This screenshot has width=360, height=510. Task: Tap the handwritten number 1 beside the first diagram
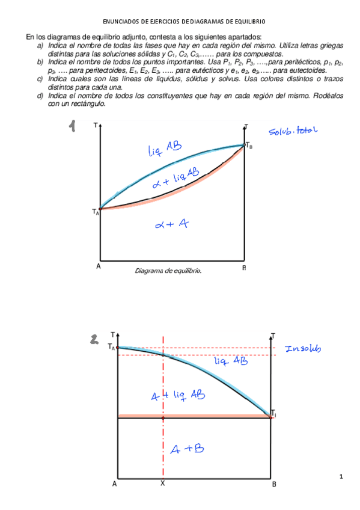[73, 126]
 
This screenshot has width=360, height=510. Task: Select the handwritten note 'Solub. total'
[292, 131]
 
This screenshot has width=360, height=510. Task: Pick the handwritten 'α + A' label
[172, 224]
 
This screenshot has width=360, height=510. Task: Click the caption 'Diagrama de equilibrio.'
[168, 271]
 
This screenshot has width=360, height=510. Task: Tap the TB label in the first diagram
[249, 146]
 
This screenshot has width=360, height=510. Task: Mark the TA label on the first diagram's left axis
[96, 212]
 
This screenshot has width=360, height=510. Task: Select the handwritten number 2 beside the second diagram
[94, 341]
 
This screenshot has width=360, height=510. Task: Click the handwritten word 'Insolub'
[304, 349]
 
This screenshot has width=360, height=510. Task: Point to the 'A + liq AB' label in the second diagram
[177, 395]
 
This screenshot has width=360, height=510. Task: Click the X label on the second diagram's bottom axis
[163, 483]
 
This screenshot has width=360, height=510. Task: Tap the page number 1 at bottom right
[341, 477]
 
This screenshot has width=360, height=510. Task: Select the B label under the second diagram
[273, 484]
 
